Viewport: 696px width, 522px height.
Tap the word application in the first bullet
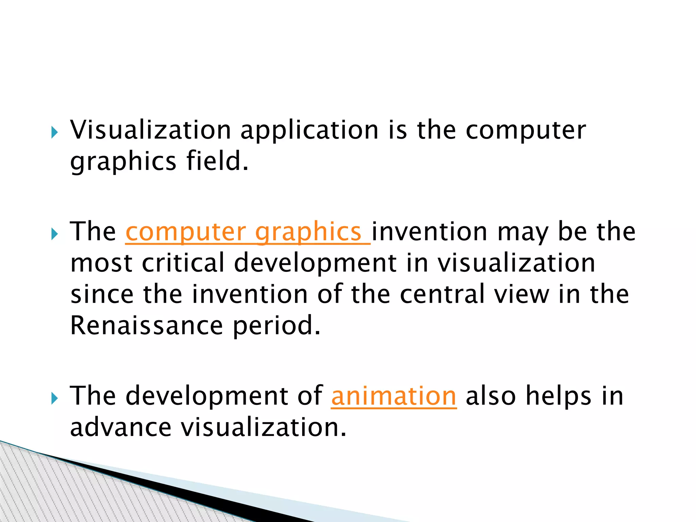pos(309,130)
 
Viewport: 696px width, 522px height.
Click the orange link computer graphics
pos(247,232)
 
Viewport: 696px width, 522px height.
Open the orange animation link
pos(394,396)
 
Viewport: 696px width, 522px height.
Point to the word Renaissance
pos(146,326)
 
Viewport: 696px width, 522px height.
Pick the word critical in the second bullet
pos(184,263)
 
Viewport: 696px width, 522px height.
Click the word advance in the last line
pos(121,428)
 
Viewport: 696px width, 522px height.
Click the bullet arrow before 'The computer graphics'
pos(55,234)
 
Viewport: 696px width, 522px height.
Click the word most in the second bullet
pos(101,263)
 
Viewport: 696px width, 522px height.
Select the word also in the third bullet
pos(491,396)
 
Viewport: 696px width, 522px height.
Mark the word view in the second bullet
pos(522,294)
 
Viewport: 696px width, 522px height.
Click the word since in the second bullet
pos(102,294)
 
